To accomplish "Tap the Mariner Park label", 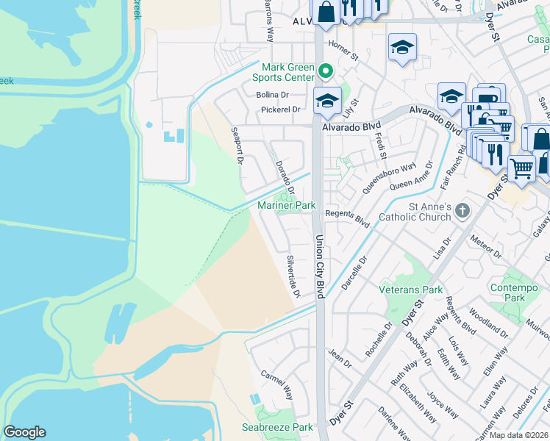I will [x=286, y=206].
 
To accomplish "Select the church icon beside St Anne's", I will [x=462, y=212].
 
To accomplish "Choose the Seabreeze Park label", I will [x=277, y=427].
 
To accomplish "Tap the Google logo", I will [x=24, y=432].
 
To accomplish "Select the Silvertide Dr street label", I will [x=293, y=276].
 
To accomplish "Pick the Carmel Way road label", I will [x=276, y=384].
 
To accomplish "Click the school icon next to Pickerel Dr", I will [x=327, y=103].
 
